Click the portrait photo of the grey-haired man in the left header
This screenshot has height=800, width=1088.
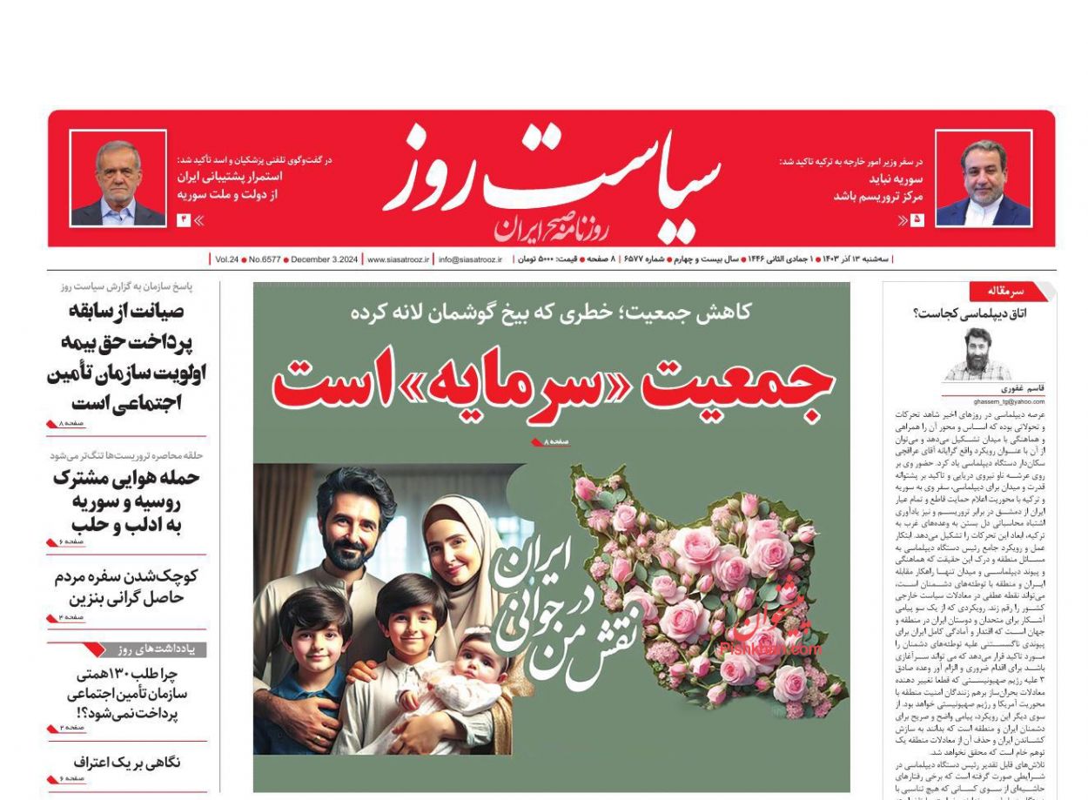tap(118, 179)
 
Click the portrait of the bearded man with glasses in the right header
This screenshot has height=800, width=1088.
tap(984, 179)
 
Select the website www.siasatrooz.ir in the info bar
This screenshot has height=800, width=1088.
tap(398, 259)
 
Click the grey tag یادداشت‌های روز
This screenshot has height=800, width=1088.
tap(157, 649)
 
